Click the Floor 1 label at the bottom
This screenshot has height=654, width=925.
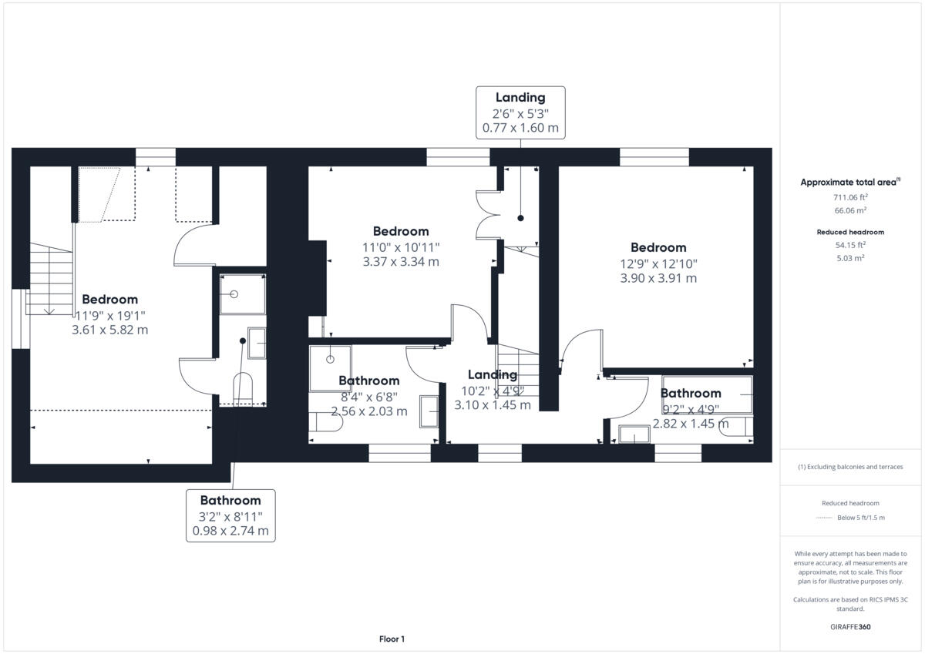[392, 639]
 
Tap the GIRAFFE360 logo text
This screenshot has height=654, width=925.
[851, 626]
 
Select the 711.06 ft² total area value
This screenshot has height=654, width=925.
[851, 197]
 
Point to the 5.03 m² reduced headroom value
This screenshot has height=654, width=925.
[851, 258]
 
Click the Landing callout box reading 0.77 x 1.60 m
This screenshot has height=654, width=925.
[520, 112]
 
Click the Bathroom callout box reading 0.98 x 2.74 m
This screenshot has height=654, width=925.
[230, 515]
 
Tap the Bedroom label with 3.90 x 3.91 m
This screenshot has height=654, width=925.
[658, 263]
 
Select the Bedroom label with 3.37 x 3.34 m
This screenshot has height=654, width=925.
[401, 247]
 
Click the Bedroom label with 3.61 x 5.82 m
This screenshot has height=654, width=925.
[110, 314]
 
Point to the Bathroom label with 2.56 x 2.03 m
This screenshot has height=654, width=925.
[369, 395]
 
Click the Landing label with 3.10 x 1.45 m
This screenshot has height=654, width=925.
[493, 390]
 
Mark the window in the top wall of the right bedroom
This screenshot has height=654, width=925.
[654, 157]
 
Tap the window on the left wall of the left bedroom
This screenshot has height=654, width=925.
[20, 319]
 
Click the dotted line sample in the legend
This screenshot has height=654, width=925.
[824, 518]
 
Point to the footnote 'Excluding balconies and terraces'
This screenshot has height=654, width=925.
[851, 467]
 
